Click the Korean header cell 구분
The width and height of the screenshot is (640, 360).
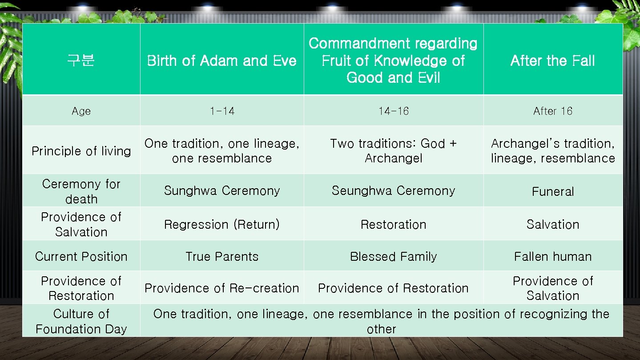pyautogui.click(x=81, y=61)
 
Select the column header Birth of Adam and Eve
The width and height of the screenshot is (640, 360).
pyautogui.click(x=221, y=61)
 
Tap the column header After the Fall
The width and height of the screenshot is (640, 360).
pyautogui.click(x=552, y=61)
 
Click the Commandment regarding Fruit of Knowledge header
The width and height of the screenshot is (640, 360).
pyautogui.click(x=393, y=61)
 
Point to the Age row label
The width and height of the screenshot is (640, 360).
pyautogui.click(x=81, y=111)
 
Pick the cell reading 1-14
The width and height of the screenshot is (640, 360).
pyautogui.click(x=222, y=111)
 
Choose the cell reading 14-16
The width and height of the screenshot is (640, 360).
pyautogui.click(x=393, y=111)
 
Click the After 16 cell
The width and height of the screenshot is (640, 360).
pyautogui.click(x=552, y=111)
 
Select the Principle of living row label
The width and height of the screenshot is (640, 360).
pyautogui.click(x=81, y=151)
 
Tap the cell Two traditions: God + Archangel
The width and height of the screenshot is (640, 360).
pyautogui.click(x=393, y=151)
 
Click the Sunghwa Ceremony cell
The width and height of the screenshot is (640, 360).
pyautogui.click(x=222, y=191)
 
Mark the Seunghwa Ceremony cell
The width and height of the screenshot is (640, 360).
pyautogui.click(x=393, y=191)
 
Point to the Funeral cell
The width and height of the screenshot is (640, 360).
pyautogui.click(x=552, y=192)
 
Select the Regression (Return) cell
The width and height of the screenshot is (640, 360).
pyautogui.click(x=222, y=225)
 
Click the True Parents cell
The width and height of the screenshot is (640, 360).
pyautogui.click(x=222, y=257)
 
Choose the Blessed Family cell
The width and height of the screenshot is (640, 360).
pyautogui.click(x=393, y=257)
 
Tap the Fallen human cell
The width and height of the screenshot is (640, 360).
pyautogui.click(x=552, y=257)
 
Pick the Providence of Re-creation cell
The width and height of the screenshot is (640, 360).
pyautogui.click(x=222, y=288)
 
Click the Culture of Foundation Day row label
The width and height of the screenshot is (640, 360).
pyautogui.click(x=81, y=321)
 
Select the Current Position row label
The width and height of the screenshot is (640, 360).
pyautogui.click(x=81, y=257)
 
